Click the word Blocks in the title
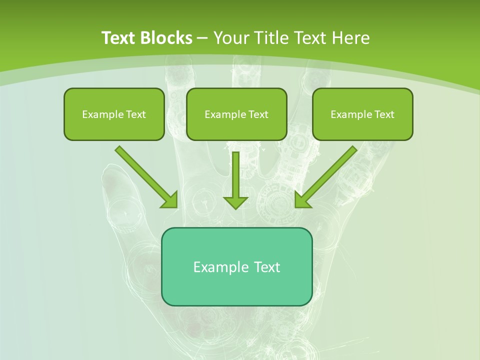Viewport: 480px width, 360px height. coord(167,38)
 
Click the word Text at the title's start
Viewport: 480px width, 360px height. coord(120,38)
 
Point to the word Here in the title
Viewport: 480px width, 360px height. coord(349,38)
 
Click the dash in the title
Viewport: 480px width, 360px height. coord(202,38)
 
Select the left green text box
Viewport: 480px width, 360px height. coord(114,114)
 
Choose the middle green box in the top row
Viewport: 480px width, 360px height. coord(236,114)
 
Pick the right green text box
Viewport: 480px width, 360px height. coord(362,114)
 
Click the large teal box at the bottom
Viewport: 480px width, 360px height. coord(236,266)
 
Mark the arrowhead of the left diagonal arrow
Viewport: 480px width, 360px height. coord(169,199)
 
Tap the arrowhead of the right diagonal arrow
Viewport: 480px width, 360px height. coord(302,199)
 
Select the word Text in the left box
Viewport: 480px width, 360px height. coord(136,114)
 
